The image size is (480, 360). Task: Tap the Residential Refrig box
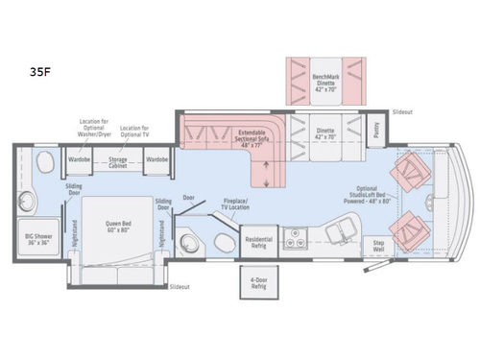[x=256, y=240]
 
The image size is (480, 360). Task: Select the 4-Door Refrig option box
[x=256, y=283]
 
